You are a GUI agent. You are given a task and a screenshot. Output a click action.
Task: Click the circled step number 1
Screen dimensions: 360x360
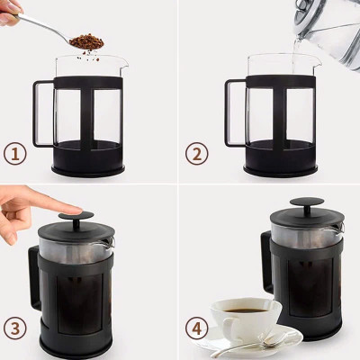coord(15,154)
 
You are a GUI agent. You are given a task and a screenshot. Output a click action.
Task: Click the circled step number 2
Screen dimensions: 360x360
coord(196,154)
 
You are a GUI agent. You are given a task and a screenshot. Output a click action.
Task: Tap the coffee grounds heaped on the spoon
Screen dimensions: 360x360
coord(86,41)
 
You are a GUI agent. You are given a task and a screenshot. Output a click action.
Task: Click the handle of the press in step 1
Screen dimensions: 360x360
coord(40,113)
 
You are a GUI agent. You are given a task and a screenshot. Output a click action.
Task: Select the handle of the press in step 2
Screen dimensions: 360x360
coord(231,113)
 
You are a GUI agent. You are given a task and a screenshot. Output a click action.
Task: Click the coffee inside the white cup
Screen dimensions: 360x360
coord(243,310)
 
